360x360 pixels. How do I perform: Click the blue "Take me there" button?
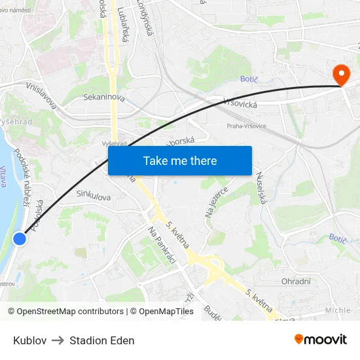[x=180, y=160]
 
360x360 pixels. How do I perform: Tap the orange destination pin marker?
[x=341, y=75]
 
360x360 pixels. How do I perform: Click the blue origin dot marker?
[x=20, y=239]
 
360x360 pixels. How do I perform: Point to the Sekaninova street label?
[x=104, y=97]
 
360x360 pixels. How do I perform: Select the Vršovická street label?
[x=240, y=102]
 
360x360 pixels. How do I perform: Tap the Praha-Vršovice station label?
[x=246, y=126]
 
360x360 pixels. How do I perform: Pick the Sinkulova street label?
[x=94, y=195]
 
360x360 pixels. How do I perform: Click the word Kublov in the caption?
[x=29, y=340]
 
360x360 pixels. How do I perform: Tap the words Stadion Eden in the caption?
[x=102, y=340]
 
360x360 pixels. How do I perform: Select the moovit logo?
[x=321, y=339]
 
